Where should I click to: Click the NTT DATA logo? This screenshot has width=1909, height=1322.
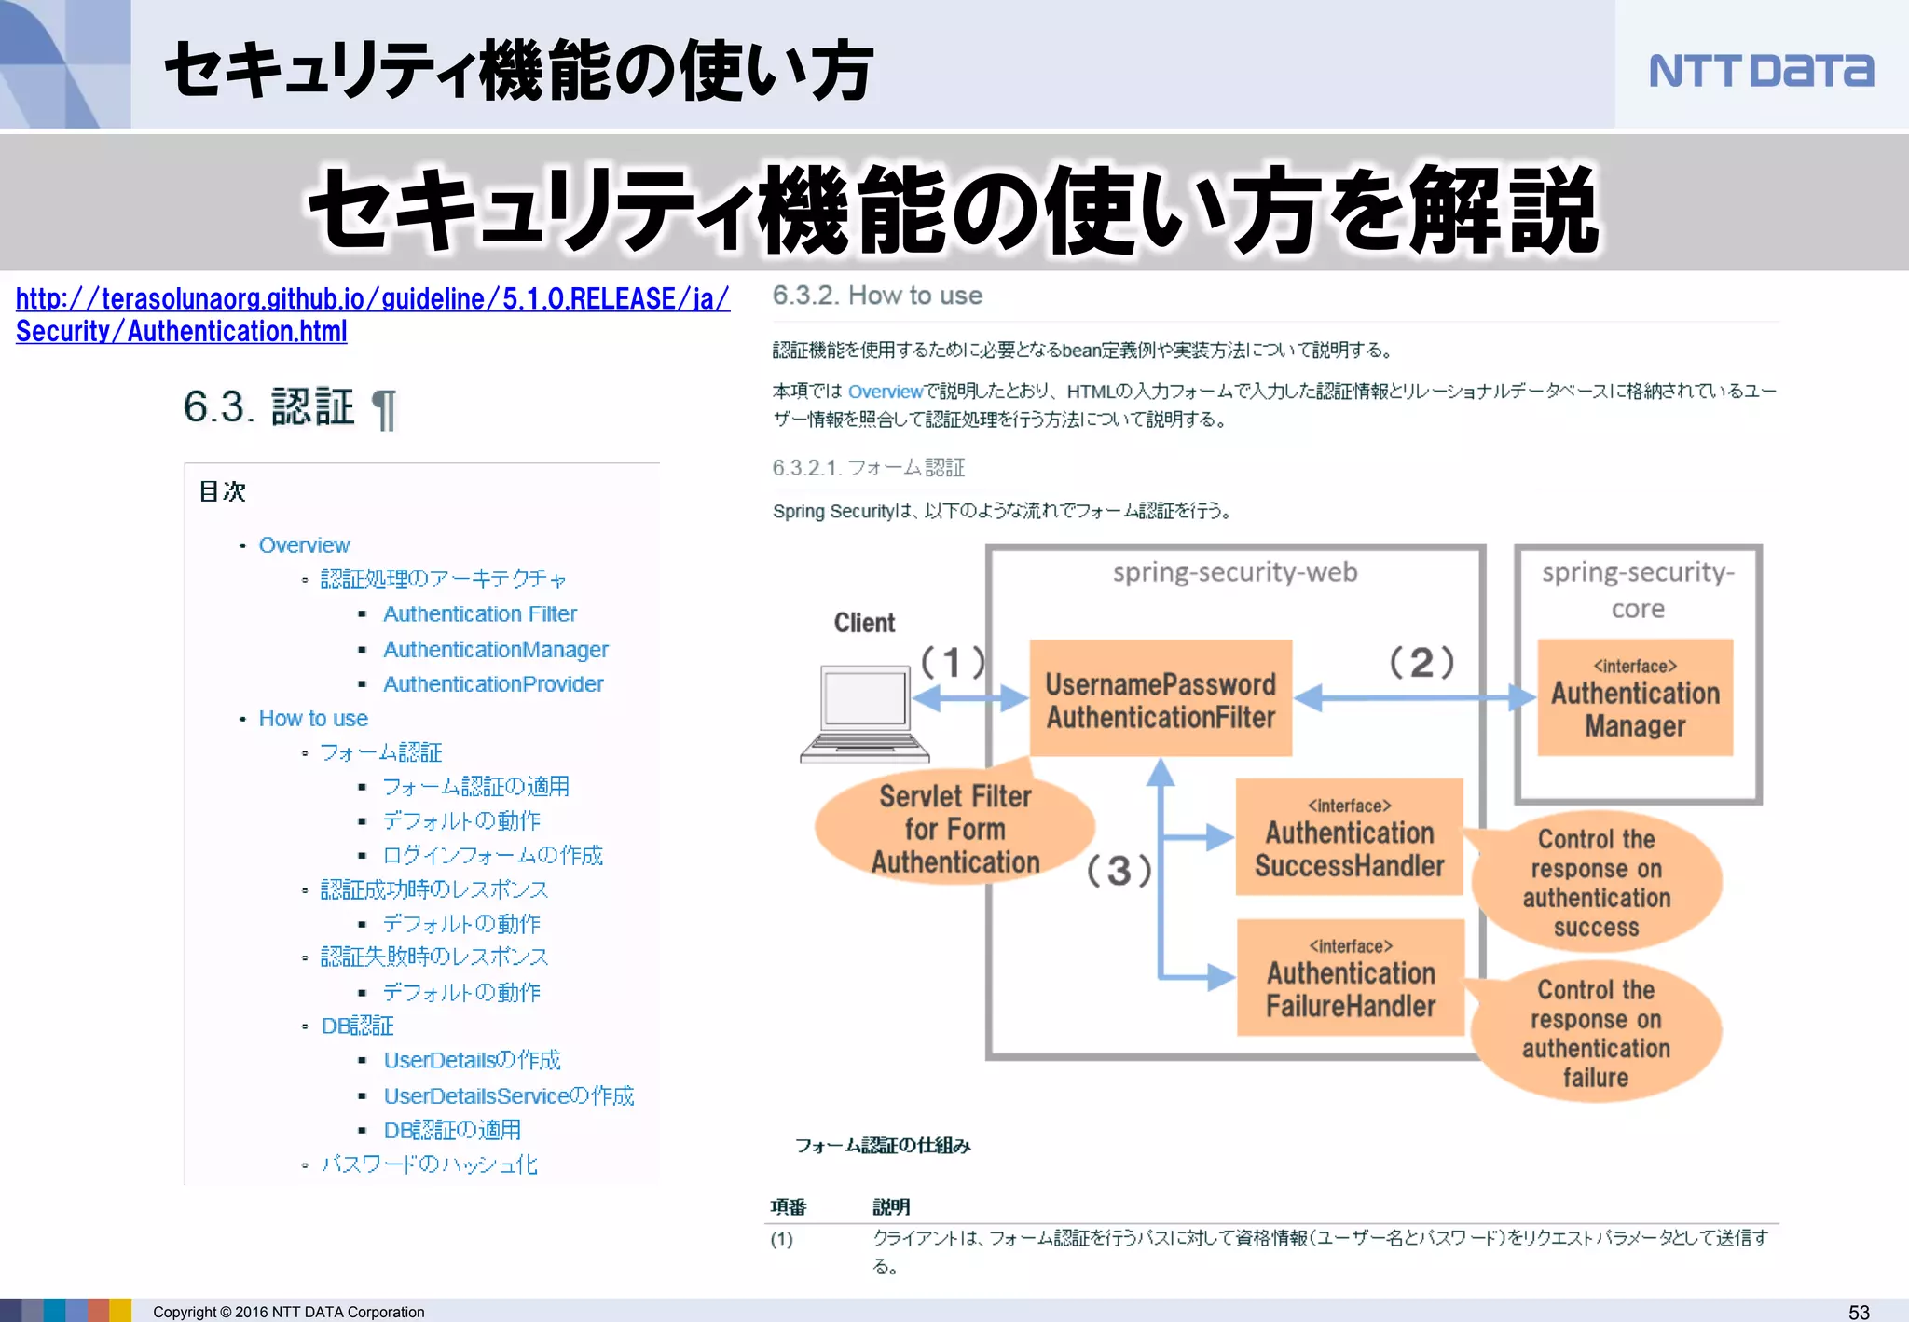click(x=1760, y=71)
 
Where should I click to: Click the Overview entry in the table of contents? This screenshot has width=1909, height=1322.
click(x=304, y=545)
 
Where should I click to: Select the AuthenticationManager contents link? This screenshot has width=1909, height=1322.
click(x=495, y=650)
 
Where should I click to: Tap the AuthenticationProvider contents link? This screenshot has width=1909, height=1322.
click(x=493, y=684)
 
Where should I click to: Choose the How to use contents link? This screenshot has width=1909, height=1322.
click(x=313, y=719)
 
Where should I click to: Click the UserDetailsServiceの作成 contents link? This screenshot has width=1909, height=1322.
click(x=508, y=1095)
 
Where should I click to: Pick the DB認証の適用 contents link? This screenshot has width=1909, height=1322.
click(x=452, y=1130)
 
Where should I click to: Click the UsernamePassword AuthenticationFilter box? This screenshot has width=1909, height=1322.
click(x=1161, y=699)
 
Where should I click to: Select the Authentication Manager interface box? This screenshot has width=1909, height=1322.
click(x=1635, y=699)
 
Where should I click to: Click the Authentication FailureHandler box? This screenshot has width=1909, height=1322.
click(x=1351, y=978)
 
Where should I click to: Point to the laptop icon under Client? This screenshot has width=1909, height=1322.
click(x=865, y=712)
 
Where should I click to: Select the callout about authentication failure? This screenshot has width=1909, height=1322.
click(x=1596, y=1034)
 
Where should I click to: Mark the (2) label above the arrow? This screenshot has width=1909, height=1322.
click(x=1421, y=663)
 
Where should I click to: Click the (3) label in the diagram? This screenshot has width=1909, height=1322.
click(x=1119, y=871)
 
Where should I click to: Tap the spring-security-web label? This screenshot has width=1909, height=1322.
click(x=1235, y=572)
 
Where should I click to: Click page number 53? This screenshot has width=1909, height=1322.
click(x=1858, y=1312)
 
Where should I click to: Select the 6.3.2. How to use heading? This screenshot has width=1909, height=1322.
click(x=877, y=296)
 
